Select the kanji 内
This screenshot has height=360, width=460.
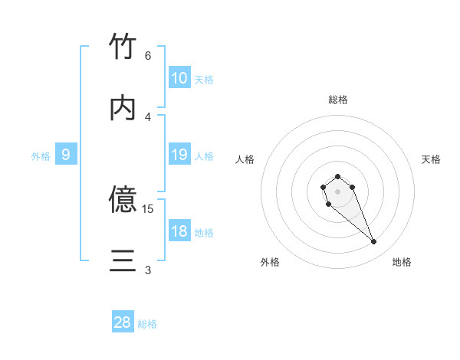[123, 108]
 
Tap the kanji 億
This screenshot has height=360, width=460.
[123, 199]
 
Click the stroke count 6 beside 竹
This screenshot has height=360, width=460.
[148, 56]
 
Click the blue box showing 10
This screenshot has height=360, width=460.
[179, 78]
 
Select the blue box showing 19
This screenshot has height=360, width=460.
[179, 155]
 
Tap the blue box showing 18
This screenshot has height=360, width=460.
[179, 231]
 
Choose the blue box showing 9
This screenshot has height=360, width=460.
[66, 155]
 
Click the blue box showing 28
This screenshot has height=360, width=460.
[123, 322]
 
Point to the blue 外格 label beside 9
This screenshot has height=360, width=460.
[41, 156]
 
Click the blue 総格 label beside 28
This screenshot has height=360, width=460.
[147, 324]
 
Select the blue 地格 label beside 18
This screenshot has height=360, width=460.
[204, 233]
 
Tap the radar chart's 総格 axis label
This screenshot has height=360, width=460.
[338, 100]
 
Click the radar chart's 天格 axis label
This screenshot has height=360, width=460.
[431, 159]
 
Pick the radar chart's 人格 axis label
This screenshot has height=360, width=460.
[245, 159]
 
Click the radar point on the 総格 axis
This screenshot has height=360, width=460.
[337, 176]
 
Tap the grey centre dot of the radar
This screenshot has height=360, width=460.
[337, 191]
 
